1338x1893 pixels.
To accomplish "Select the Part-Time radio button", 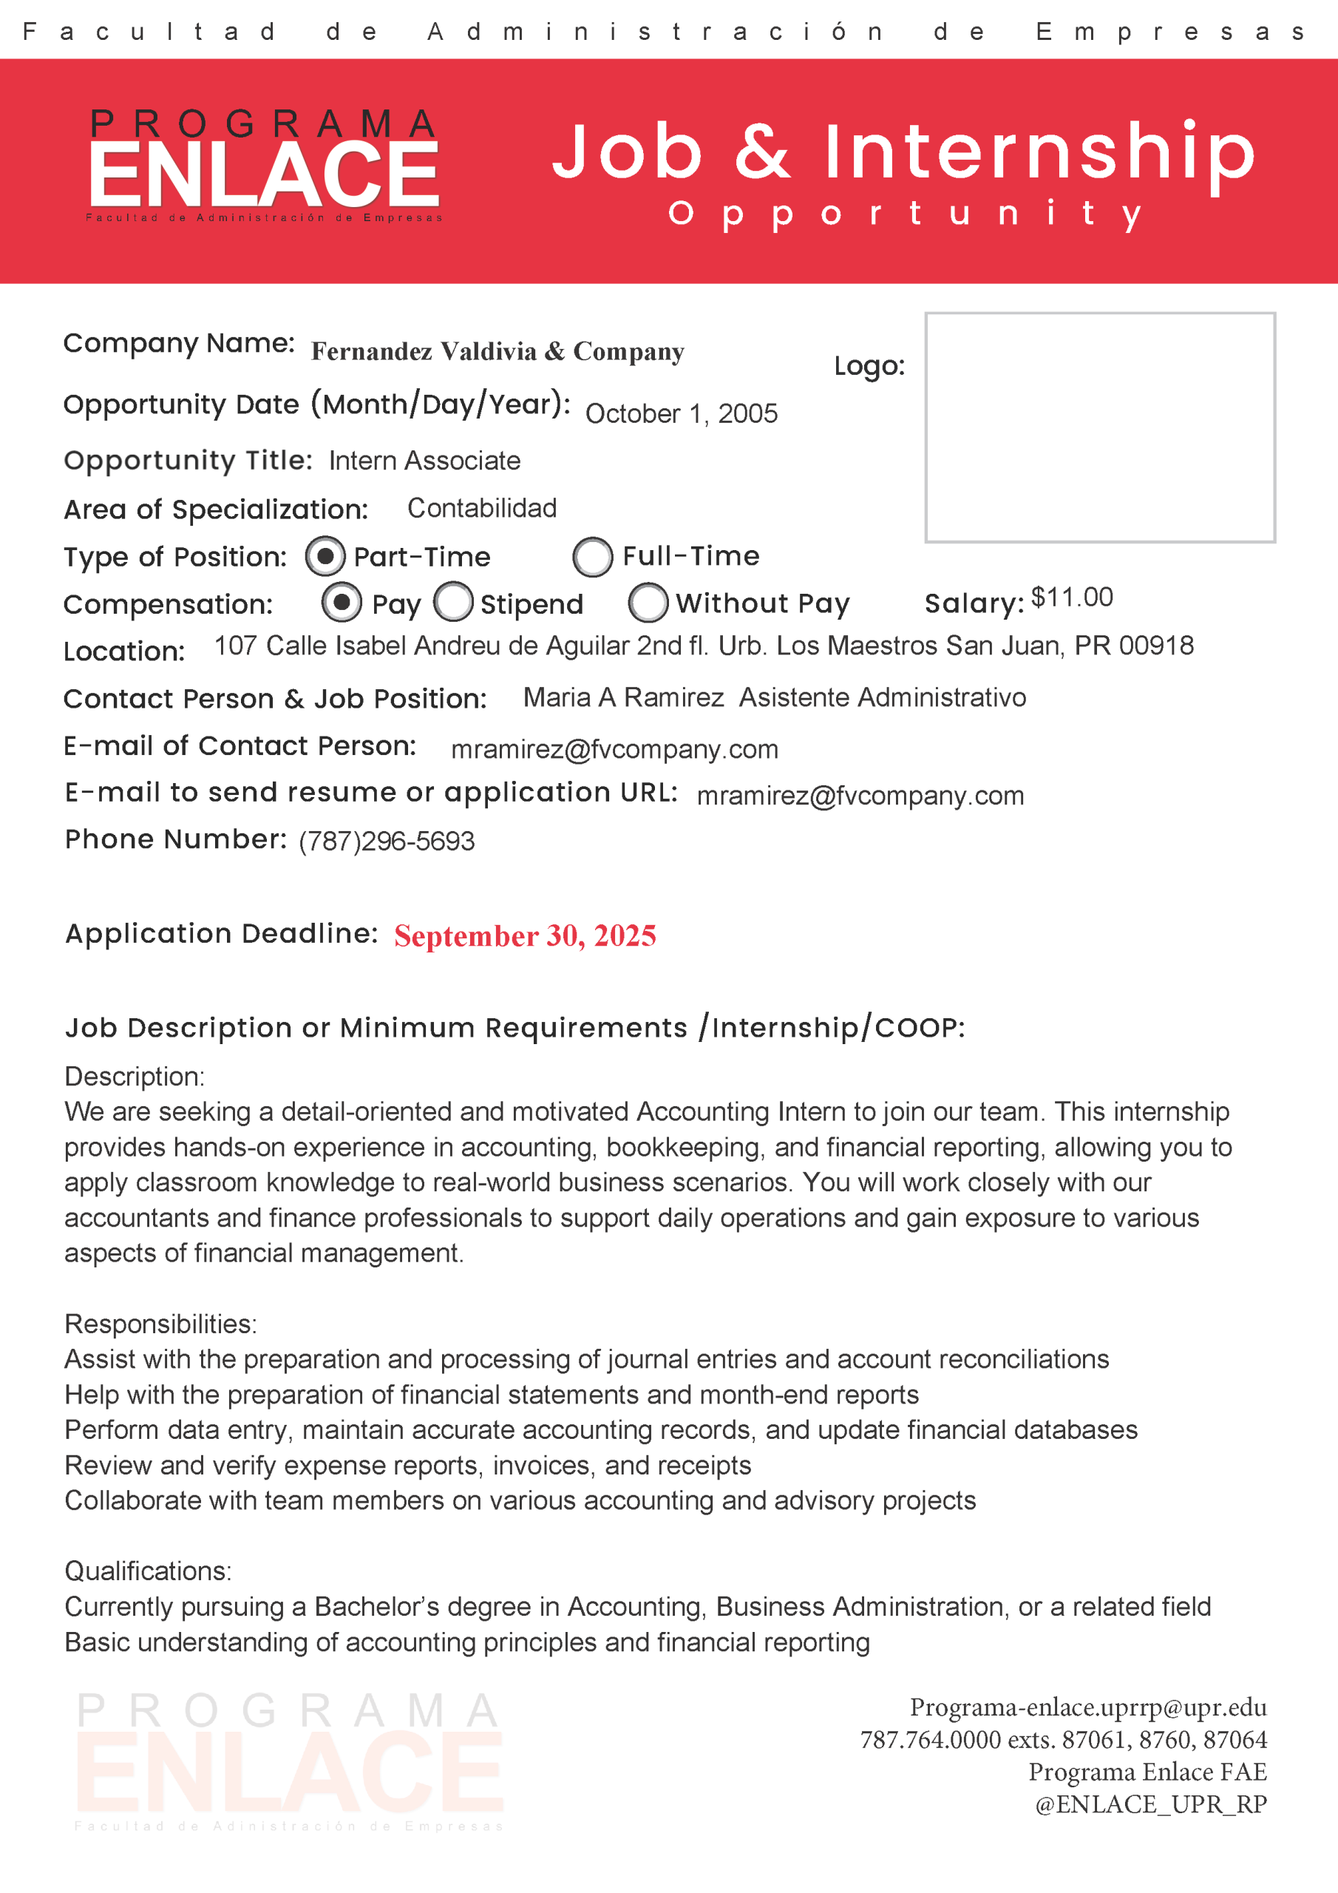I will pos(325,558).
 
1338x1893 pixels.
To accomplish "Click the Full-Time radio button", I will pos(593,558).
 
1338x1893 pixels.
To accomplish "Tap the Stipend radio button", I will pos(453,602).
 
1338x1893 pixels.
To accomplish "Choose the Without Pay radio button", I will pos(648,603).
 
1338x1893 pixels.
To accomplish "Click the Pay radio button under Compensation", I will pos(342,602).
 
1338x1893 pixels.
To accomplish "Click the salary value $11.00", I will pos(1072,597).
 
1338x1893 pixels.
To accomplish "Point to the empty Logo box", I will pos(1100,427).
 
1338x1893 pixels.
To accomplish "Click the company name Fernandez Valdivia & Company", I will pos(497,351).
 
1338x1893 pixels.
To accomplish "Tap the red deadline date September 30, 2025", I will pos(525,936).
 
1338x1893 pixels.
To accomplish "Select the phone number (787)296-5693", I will pos(387,841).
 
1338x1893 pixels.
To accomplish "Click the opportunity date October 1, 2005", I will pos(681,413).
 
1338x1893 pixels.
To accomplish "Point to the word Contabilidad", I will pos(482,508).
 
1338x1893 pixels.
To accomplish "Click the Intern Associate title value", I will pos(424,460).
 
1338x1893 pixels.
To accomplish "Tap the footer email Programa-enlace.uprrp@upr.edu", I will pos(1088,1707).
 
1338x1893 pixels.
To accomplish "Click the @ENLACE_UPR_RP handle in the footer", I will pos(1151,1804).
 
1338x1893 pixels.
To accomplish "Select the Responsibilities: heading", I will pos(160,1324).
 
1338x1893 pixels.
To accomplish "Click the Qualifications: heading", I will pos(149,1571).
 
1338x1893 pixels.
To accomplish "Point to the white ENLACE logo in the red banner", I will pos(264,173).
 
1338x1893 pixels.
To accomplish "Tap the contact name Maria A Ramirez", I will pos(623,697).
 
